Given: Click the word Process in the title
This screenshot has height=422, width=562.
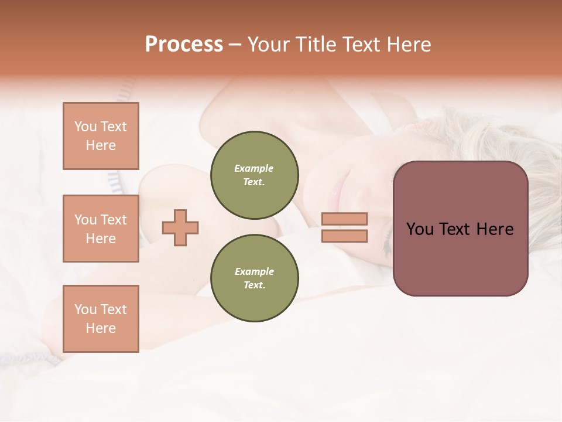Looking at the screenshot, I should coord(184,45).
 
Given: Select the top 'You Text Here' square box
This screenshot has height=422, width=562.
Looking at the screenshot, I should coord(101,136).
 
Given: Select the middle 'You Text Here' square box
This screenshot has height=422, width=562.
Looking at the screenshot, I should coord(101,229).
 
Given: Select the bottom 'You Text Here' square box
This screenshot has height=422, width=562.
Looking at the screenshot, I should coord(101,319).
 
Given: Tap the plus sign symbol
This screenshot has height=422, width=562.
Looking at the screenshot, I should coord(180,227).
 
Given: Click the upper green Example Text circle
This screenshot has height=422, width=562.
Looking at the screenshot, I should coord(254,175).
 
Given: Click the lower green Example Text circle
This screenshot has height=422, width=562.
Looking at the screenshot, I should coord(254,278).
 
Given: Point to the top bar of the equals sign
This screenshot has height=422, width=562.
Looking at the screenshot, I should coord(344,219).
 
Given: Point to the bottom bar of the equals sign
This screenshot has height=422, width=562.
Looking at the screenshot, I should coord(344,236).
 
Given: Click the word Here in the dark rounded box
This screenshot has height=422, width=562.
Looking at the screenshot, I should coord(495,229).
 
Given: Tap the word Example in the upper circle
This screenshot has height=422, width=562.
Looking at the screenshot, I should coord(254,168).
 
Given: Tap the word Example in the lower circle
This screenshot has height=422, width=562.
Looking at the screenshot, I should coord(254,271).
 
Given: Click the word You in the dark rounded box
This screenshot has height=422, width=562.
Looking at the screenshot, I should coord(420,229).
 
